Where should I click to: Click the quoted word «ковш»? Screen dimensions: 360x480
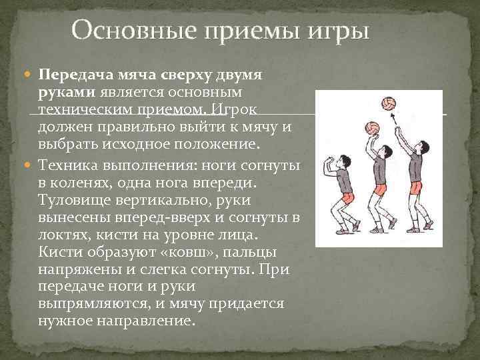pos(187,253)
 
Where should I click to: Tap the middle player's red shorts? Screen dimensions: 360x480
pos(379,189)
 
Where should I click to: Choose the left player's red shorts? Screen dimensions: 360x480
pos(347,199)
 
